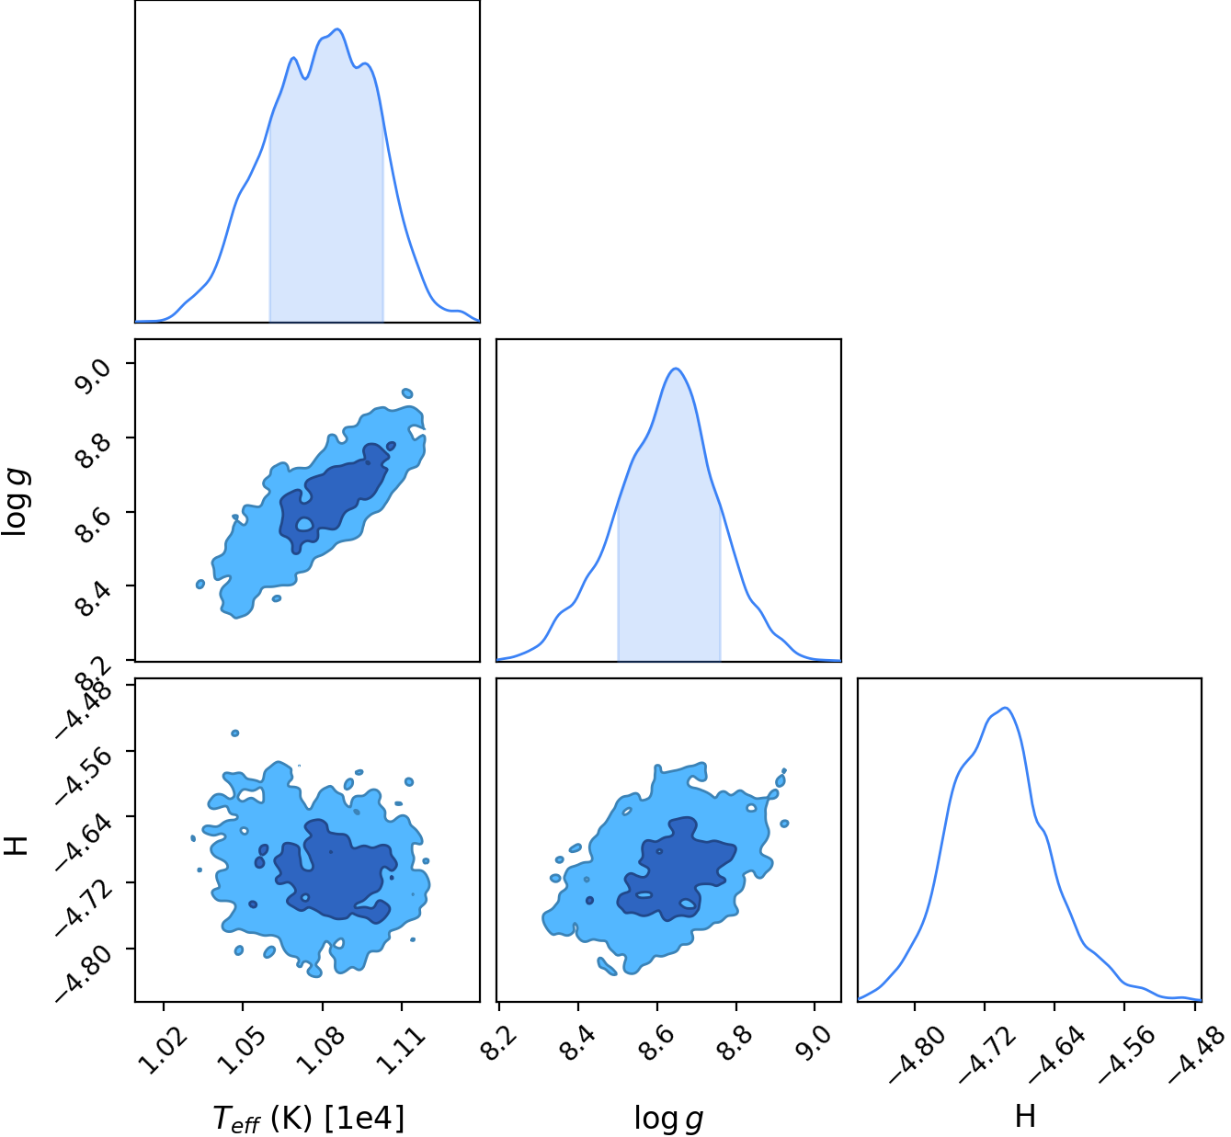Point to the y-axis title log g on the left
tap(17, 502)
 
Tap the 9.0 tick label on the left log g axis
tap(93, 376)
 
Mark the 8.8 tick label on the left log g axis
tap(93, 449)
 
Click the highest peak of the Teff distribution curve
tap(337, 29)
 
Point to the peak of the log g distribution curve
tap(676, 369)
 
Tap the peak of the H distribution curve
tap(1006, 708)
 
